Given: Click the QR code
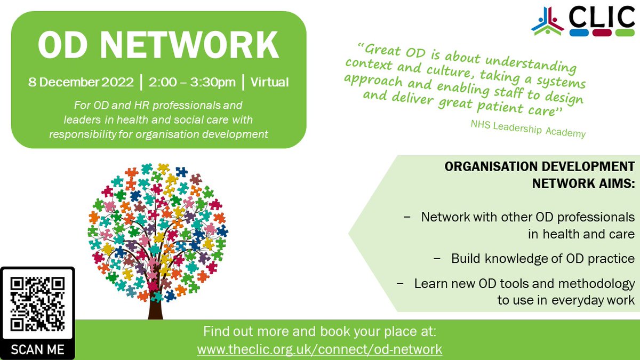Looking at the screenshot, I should point(37,303).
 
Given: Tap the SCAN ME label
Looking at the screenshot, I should point(37,350).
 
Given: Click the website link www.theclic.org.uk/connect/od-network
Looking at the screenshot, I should point(319,349).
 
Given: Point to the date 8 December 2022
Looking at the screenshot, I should point(81,83).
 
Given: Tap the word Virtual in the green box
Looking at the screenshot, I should point(269,83).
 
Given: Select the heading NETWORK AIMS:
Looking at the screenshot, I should point(583,183).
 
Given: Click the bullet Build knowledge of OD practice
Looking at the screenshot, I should point(543,259).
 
